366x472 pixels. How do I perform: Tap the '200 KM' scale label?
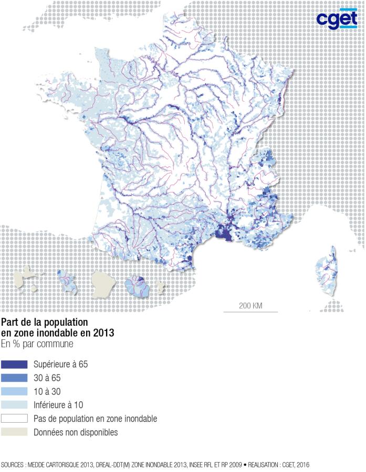click(250, 305)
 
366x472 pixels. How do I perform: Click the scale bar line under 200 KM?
click(250, 312)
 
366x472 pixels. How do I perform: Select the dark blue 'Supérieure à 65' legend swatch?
click(14, 364)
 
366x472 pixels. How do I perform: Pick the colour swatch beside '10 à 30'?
click(14, 392)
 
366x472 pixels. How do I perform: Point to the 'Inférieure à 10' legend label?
click(58, 405)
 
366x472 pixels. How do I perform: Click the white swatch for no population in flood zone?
click(14, 419)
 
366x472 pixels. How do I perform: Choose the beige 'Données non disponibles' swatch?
click(14, 433)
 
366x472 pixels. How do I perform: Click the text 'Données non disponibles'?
click(76, 433)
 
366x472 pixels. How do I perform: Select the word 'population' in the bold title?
click(66, 321)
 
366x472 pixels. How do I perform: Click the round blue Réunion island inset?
click(138, 286)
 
